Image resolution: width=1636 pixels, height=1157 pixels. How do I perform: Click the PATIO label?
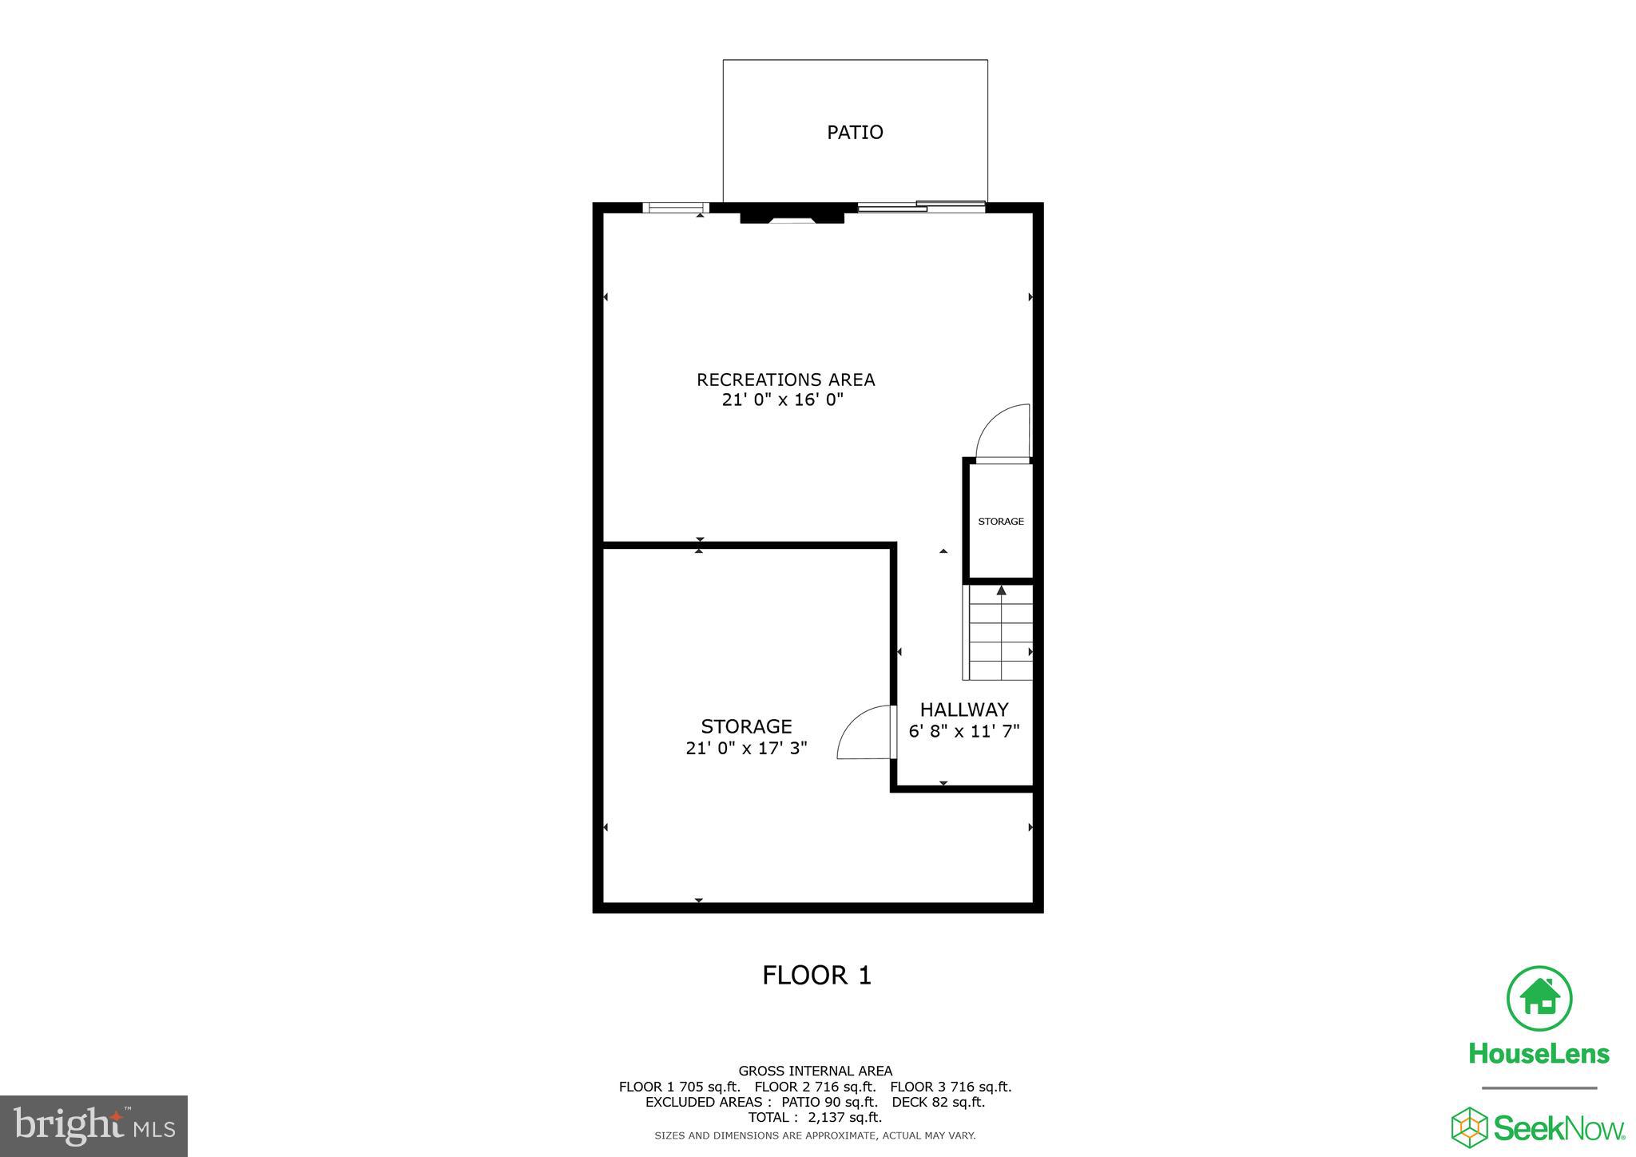point(855,133)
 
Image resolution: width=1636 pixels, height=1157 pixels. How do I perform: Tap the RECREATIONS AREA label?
point(785,380)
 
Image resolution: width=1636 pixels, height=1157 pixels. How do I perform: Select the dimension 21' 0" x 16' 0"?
point(783,400)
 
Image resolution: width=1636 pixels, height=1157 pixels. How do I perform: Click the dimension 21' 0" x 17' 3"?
point(746,749)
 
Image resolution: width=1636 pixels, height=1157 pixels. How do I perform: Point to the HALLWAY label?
point(963,710)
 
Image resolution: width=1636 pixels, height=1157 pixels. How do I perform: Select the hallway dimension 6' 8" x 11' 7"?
point(964,731)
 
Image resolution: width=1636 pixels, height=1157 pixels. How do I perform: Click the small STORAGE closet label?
point(1000,522)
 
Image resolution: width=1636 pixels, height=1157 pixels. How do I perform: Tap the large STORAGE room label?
point(746,726)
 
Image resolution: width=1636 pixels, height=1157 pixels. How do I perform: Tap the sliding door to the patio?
point(921,207)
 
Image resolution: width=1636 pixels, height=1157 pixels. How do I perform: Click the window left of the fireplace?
point(675,209)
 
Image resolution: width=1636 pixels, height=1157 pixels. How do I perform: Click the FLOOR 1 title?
point(816,976)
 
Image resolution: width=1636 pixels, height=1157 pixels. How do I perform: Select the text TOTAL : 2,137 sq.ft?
point(815,1118)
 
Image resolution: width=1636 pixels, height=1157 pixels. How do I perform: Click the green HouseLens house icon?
point(1539,999)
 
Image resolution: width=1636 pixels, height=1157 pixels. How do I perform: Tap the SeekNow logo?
point(1538,1128)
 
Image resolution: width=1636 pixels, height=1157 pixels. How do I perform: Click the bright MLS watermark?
point(93,1126)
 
